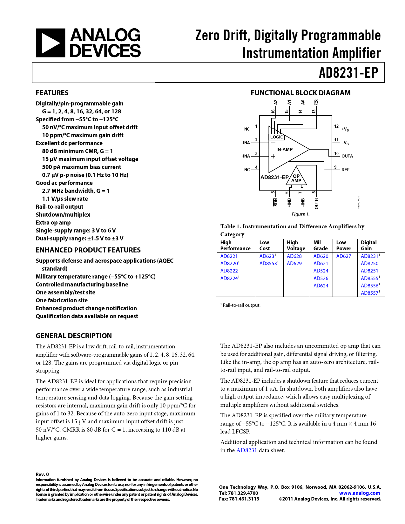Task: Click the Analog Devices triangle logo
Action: [x=51, y=43]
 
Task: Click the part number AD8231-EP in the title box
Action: [x=348, y=73]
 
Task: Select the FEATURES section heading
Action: [x=52, y=93]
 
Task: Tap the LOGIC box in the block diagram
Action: [x=276, y=137]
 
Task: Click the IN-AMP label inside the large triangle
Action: [x=284, y=150]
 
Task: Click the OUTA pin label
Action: [x=347, y=156]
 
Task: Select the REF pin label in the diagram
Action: [x=345, y=170]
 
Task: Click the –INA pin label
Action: [x=246, y=143]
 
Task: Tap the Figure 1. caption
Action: [x=300, y=214]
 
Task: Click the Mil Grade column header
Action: [x=320, y=245]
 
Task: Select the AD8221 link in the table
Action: [x=229, y=256]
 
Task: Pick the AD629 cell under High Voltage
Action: [x=294, y=264]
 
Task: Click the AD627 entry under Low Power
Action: [x=344, y=256]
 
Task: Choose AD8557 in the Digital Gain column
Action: [x=370, y=293]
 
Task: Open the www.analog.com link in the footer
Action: [x=360, y=493]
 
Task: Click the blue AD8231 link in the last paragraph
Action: [x=246, y=450]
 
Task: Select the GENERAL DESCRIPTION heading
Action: [x=74, y=336]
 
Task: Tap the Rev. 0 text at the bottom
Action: [x=42, y=474]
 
